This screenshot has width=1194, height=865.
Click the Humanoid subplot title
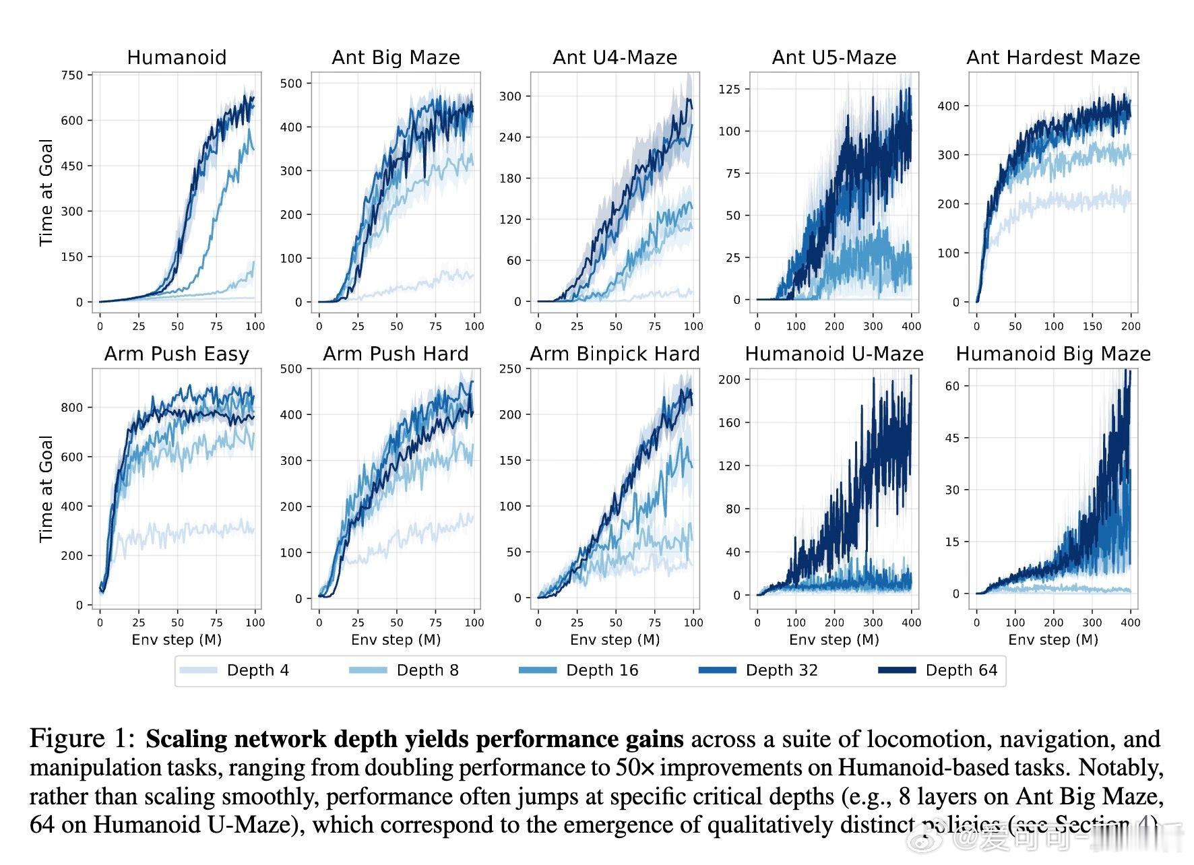tap(177, 57)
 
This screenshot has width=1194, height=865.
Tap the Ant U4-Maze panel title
tap(615, 57)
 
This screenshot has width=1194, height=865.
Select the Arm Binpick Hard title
tap(615, 354)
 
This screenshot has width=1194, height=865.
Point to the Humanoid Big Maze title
tap(1053, 354)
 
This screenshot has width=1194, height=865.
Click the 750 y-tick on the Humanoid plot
tap(72, 75)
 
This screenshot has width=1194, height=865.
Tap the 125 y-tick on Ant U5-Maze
tap(730, 89)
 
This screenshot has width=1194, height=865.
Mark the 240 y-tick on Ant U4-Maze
tap(510, 137)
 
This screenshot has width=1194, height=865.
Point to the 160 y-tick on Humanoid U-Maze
tap(729, 423)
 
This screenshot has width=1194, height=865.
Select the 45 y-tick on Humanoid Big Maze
tap(952, 438)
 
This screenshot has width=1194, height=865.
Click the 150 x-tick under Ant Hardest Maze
tap(1092, 326)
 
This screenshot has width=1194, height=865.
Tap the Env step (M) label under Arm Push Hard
tap(396, 640)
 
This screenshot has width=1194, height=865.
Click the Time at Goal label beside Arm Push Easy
tap(46, 488)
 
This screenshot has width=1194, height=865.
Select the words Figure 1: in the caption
tap(82, 739)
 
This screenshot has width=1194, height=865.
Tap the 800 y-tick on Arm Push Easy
tap(71, 408)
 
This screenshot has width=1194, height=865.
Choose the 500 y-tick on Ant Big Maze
tap(291, 84)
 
